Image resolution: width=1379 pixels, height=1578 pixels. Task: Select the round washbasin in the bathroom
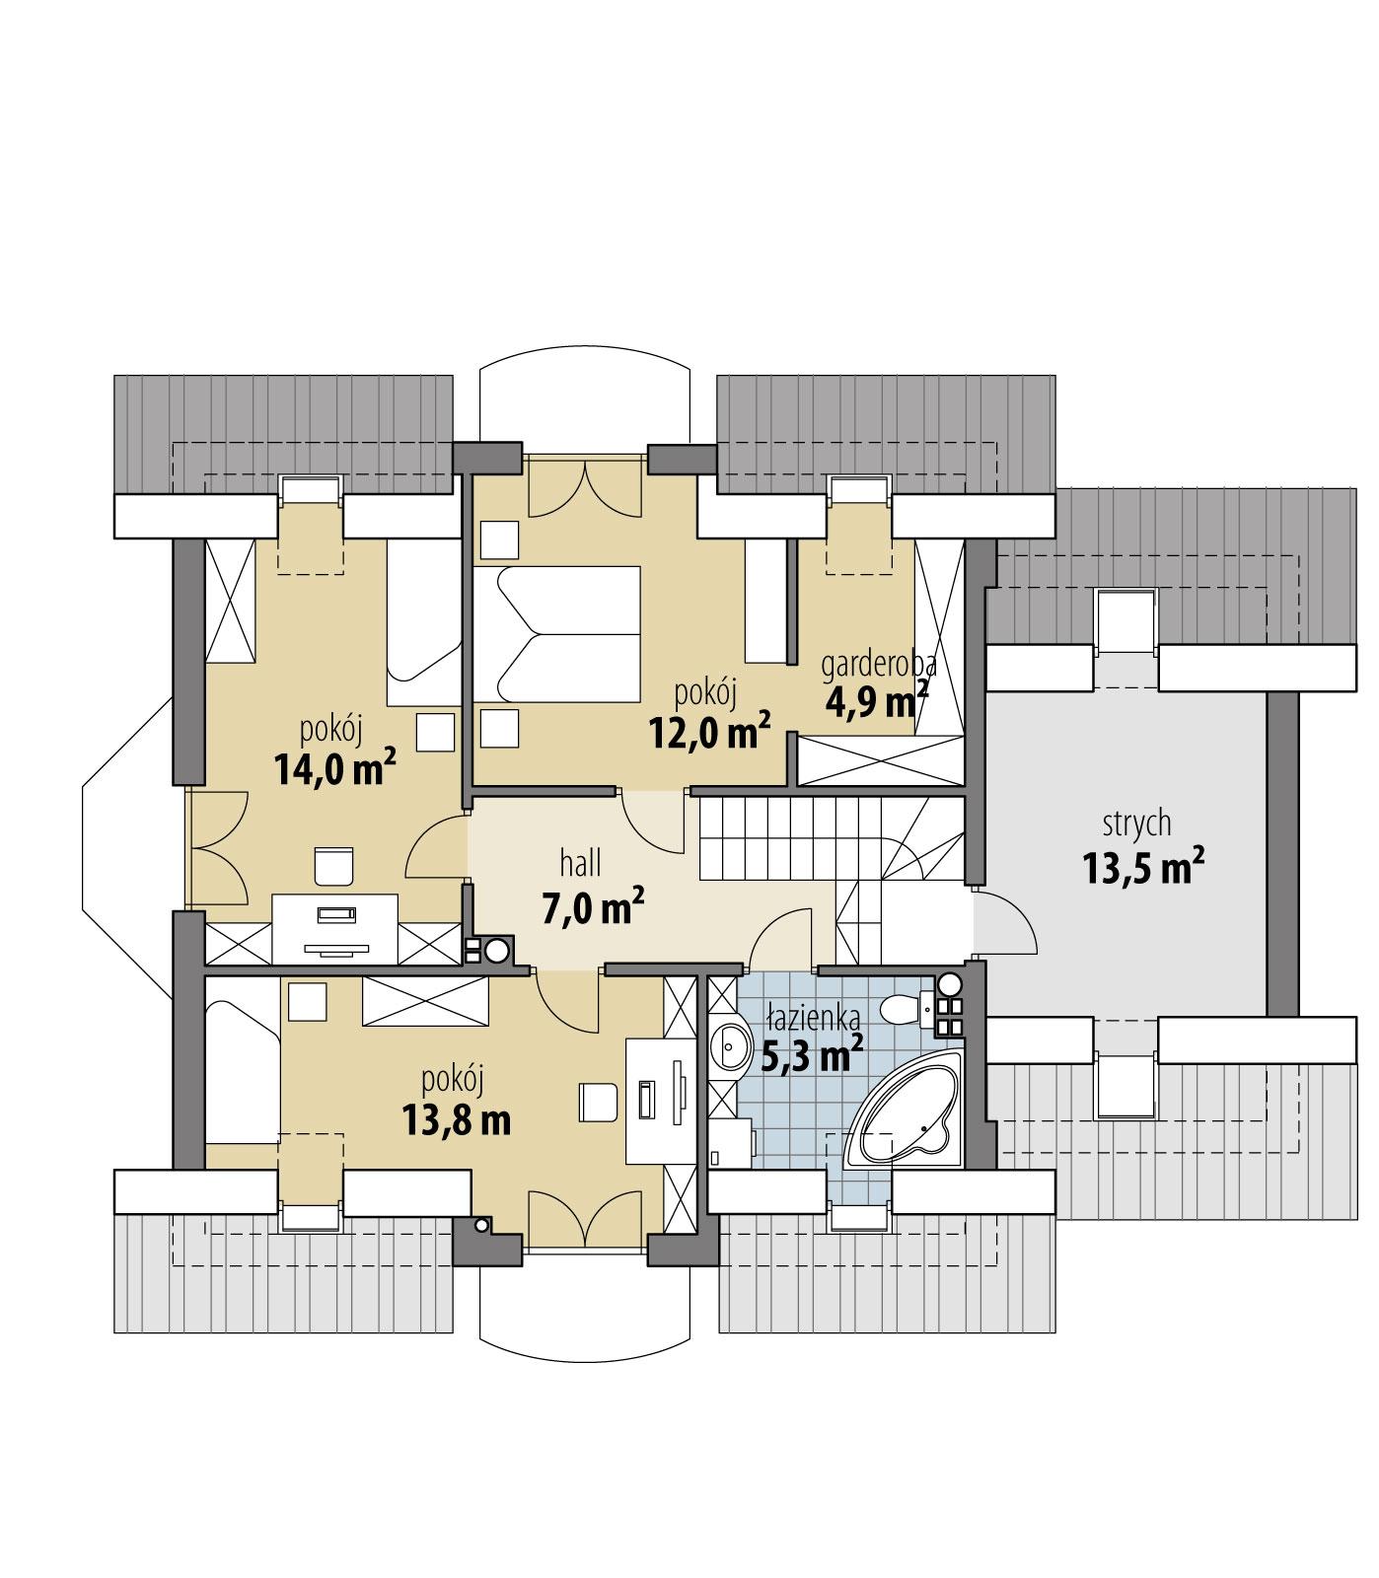(x=732, y=1045)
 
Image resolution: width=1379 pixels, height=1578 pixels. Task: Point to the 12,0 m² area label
(x=708, y=731)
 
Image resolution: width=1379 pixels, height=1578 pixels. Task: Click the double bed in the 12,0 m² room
(x=557, y=635)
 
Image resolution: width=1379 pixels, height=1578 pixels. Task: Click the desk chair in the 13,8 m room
(x=598, y=1102)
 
